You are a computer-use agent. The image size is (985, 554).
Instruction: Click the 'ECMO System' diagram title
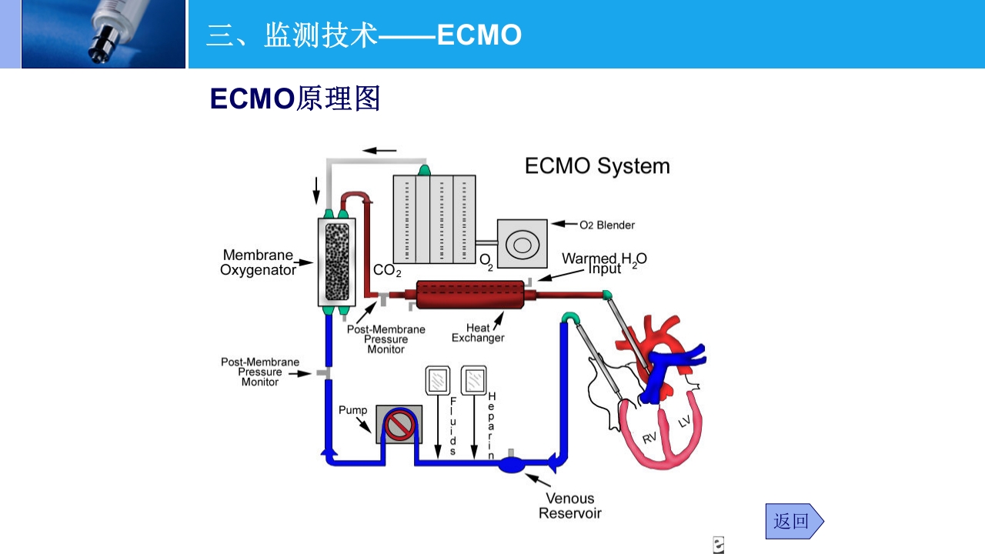coord(597,166)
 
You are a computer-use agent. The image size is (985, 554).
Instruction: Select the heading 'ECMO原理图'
coord(295,98)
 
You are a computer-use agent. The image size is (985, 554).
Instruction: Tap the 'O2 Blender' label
coord(607,225)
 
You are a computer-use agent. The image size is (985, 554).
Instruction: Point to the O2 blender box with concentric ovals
coord(523,245)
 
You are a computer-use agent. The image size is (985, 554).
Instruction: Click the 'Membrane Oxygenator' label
coord(258,262)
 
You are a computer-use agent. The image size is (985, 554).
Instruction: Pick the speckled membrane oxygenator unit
coord(337,262)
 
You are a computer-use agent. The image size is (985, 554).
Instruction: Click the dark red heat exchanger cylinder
coord(469,295)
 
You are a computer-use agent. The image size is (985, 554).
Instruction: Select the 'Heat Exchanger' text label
coord(478,333)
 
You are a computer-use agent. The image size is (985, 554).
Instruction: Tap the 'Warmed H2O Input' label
coord(604,263)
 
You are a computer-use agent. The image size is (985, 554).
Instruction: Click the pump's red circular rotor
coord(400,426)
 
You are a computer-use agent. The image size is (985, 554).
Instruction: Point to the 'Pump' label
coord(353,410)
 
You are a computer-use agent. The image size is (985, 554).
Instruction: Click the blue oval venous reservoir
coord(511,465)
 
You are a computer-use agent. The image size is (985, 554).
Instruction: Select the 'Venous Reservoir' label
coord(569,506)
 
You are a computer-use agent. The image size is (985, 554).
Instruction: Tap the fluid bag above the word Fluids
coord(438,379)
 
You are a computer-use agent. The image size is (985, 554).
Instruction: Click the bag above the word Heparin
coord(473,379)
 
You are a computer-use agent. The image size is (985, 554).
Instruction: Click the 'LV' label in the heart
coord(684,421)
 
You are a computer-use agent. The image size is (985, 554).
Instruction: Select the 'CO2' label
coord(387,271)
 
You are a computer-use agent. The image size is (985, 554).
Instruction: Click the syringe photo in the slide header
coord(103,34)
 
